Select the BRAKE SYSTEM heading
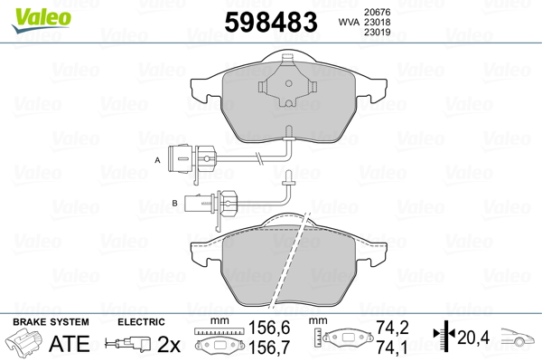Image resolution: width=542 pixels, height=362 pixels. (x=50, y=322)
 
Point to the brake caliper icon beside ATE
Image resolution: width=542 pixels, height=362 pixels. (x=24, y=345)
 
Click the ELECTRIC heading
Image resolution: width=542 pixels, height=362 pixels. (x=141, y=322)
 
